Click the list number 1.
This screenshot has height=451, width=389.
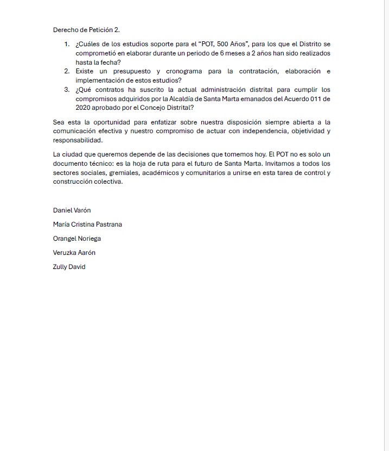click(x=66, y=44)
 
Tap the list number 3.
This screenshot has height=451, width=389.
click(x=66, y=90)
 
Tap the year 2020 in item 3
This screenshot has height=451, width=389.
click(x=84, y=108)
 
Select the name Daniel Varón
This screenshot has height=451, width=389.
click(x=72, y=210)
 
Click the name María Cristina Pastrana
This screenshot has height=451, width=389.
click(x=87, y=224)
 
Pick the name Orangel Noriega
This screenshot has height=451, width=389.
click(x=77, y=239)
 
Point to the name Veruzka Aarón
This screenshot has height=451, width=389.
click(x=74, y=253)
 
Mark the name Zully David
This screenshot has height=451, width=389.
click(x=69, y=267)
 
